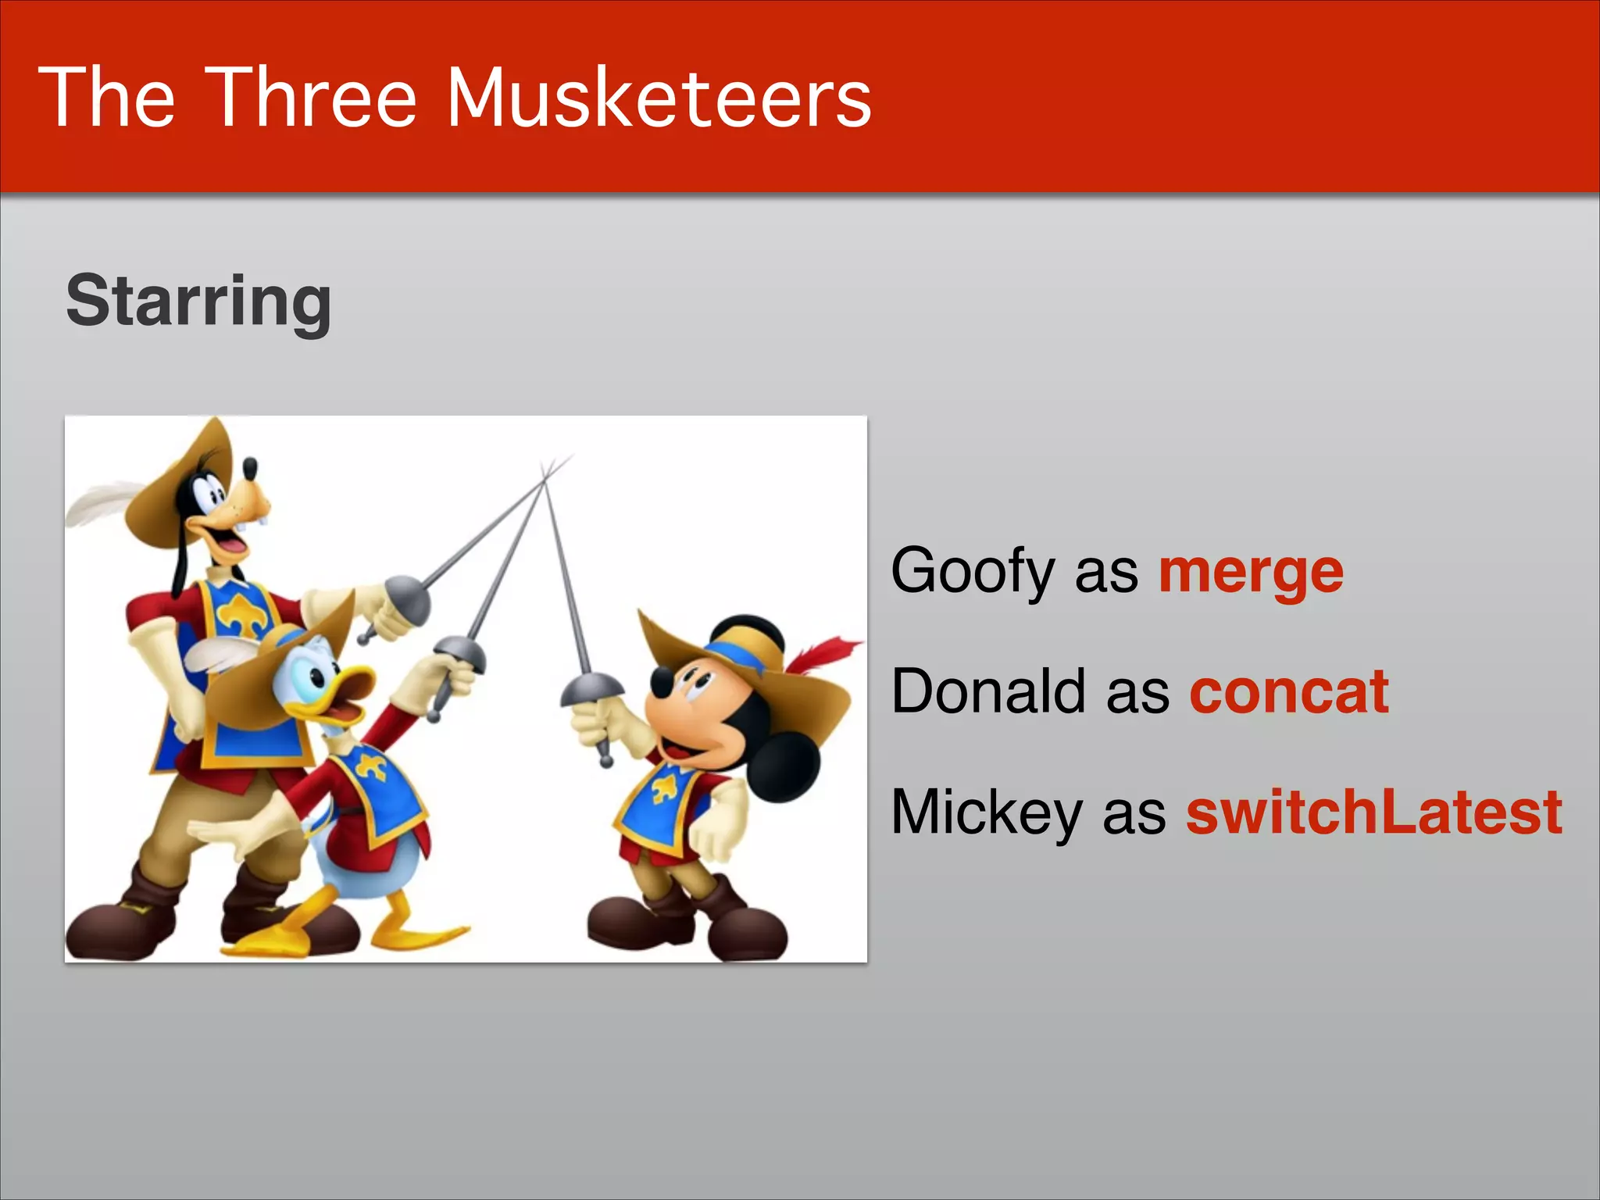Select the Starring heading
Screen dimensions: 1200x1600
(199, 301)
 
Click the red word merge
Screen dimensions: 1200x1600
(1250, 572)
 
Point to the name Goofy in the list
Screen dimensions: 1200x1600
(973, 572)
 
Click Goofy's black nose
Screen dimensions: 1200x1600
(250, 468)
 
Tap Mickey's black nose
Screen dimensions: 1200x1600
(661, 683)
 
